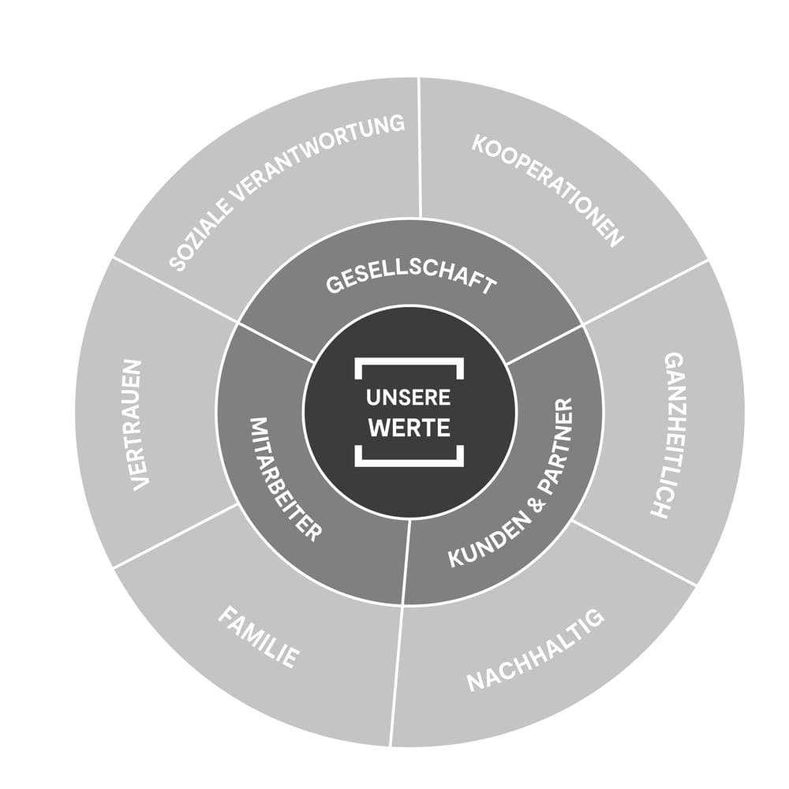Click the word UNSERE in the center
tap(409, 398)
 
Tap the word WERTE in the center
tap(409, 428)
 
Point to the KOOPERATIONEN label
tap(548, 190)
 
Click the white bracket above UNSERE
tap(409, 364)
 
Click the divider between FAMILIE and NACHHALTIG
tap(397, 675)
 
